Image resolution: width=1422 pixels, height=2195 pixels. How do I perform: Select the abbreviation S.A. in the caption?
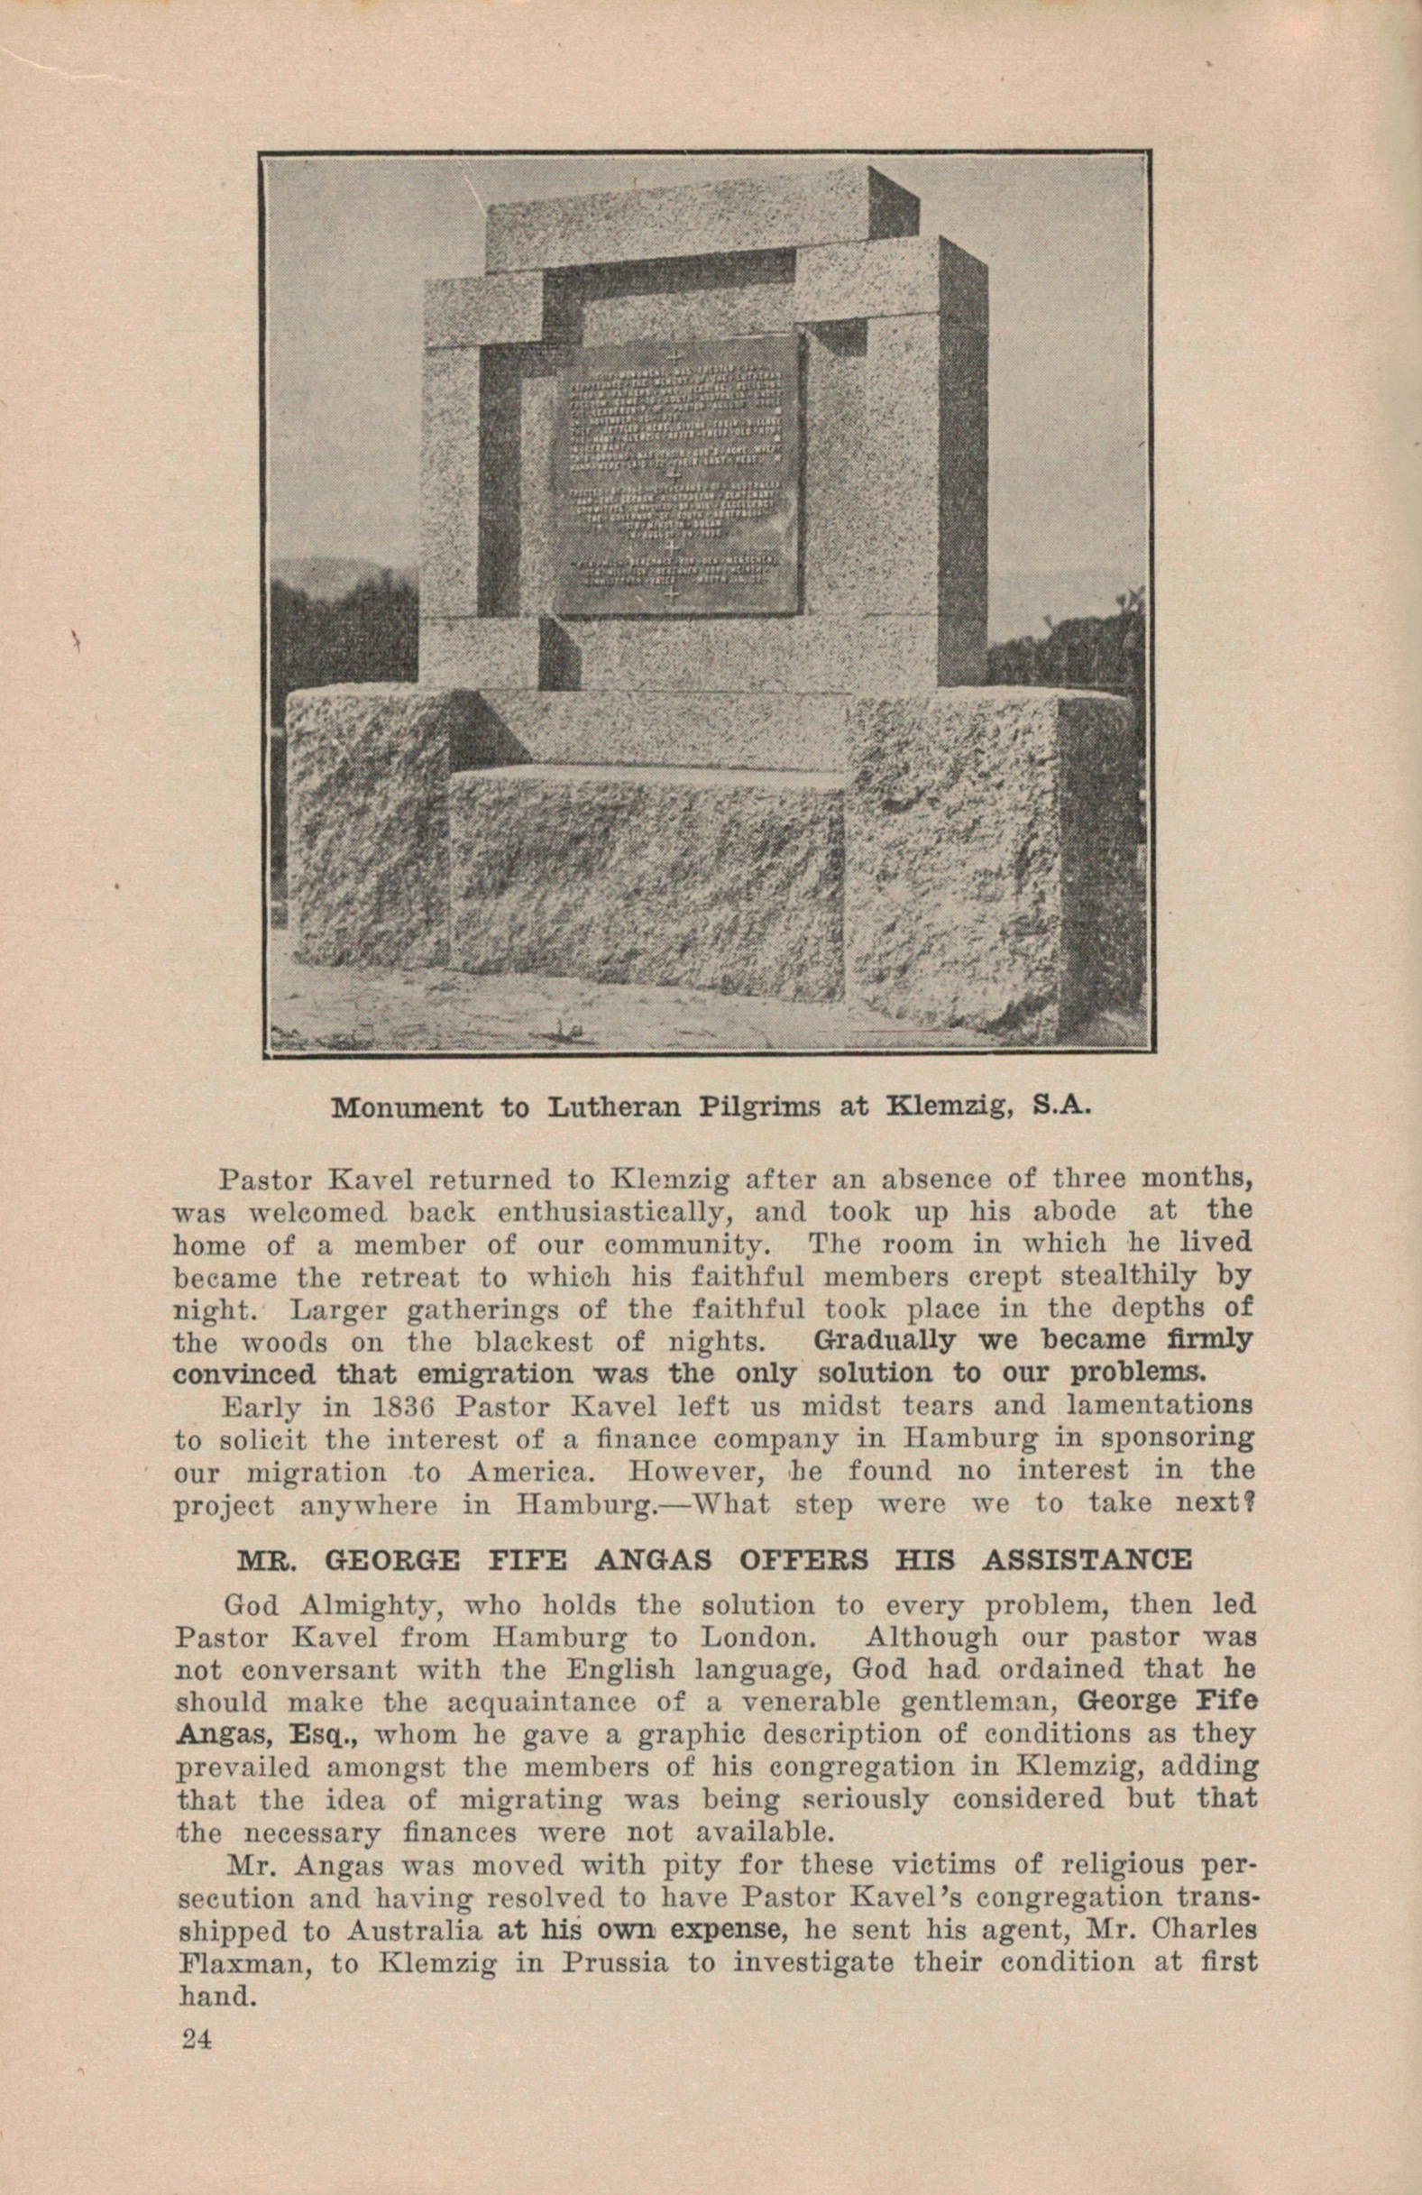tap(1060, 1105)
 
